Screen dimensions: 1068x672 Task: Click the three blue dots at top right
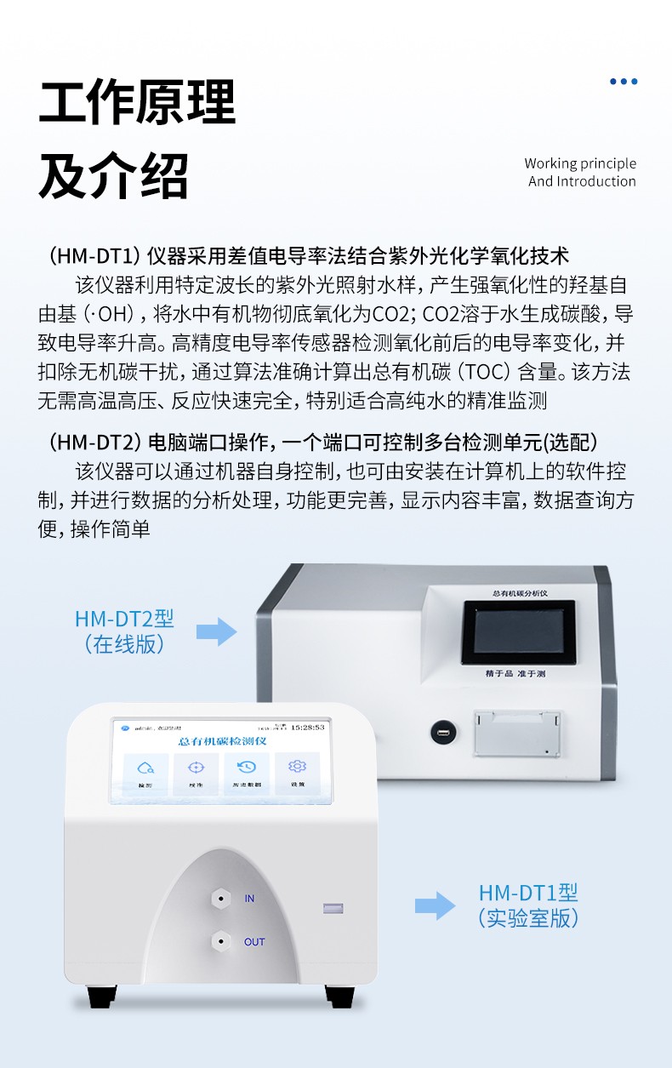[x=624, y=82]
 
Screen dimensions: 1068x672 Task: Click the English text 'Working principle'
[x=580, y=163]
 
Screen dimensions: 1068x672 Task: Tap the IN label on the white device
[x=249, y=899]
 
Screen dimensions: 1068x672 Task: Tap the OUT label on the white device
[x=254, y=942]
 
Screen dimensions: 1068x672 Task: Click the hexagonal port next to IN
[x=220, y=898]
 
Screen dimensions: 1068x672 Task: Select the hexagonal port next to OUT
[x=220, y=941]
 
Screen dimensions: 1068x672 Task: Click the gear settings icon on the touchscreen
[x=297, y=766]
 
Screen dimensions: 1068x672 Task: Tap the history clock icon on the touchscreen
[x=247, y=767]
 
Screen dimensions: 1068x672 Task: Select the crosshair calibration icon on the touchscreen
[x=196, y=767]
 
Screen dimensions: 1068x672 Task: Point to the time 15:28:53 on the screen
[x=307, y=728]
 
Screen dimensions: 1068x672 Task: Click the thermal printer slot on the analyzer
[x=517, y=733]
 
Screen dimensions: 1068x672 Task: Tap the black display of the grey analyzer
[x=518, y=632]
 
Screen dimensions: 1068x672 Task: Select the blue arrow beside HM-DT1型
[x=435, y=905]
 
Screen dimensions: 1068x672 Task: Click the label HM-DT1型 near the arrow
[x=528, y=893]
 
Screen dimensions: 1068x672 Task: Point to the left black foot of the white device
[x=102, y=996]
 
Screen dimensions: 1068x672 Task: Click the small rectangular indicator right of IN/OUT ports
[x=333, y=908]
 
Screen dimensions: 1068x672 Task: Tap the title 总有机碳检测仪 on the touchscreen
[x=223, y=742]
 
